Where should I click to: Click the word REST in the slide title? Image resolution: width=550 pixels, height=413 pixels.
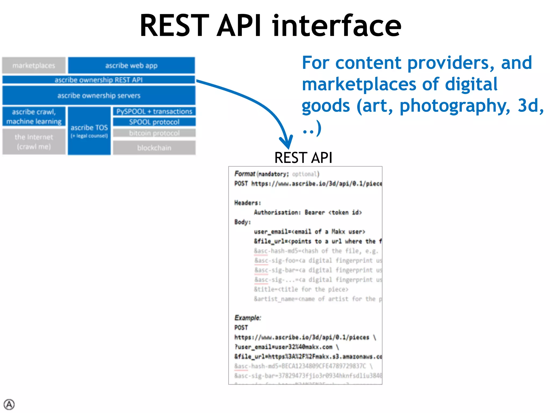click(174, 26)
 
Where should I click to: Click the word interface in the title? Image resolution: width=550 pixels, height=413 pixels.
click(337, 26)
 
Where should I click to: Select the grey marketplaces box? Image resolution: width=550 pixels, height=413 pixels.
click(34, 65)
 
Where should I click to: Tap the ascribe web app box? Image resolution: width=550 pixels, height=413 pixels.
click(131, 65)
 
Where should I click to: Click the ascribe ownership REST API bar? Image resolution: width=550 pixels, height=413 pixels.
click(99, 80)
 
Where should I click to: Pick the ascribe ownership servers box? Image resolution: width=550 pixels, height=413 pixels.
click(99, 95)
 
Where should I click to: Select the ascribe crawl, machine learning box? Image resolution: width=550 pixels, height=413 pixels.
click(34, 116)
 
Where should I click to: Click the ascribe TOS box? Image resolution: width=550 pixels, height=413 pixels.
click(89, 131)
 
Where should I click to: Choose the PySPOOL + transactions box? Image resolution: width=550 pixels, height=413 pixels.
click(154, 111)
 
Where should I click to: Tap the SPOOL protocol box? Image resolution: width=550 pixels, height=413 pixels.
click(154, 122)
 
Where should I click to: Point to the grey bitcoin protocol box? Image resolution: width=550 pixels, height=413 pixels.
click(154, 133)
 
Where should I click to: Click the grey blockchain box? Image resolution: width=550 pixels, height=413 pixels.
click(154, 148)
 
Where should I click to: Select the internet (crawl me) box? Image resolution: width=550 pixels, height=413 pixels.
click(34, 142)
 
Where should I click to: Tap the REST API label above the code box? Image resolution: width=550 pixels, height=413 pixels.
click(303, 158)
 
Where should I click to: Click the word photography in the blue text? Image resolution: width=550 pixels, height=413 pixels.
click(455, 106)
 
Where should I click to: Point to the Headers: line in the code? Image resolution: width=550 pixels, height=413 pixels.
click(247, 203)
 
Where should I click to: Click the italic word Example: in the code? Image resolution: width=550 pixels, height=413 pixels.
click(247, 318)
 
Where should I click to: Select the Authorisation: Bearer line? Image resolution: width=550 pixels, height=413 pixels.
click(308, 212)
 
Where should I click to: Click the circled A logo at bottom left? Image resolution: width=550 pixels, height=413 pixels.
click(9, 404)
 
